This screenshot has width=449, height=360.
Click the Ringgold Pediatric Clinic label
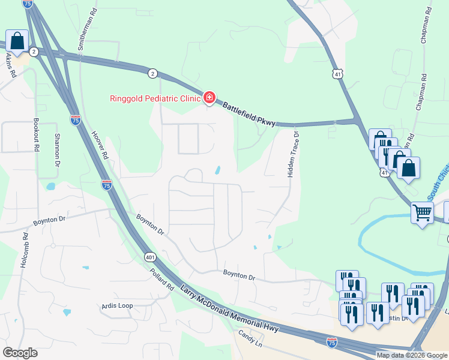tap(155, 98)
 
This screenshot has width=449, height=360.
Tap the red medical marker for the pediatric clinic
tap(209, 97)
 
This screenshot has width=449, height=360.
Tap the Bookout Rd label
tap(37, 135)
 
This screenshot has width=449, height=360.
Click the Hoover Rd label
tap(100, 146)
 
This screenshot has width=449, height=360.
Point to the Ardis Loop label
tap(117, 305)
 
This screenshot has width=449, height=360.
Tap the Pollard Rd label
tap(161, 281)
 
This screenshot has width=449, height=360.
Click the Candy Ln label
tap(250, 341)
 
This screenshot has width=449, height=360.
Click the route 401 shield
tap(151, 257)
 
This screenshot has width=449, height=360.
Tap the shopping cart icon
tap(422, 212)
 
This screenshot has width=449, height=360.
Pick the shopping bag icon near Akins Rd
tap(17, 41)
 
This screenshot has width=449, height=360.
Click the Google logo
tap(20, 353)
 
